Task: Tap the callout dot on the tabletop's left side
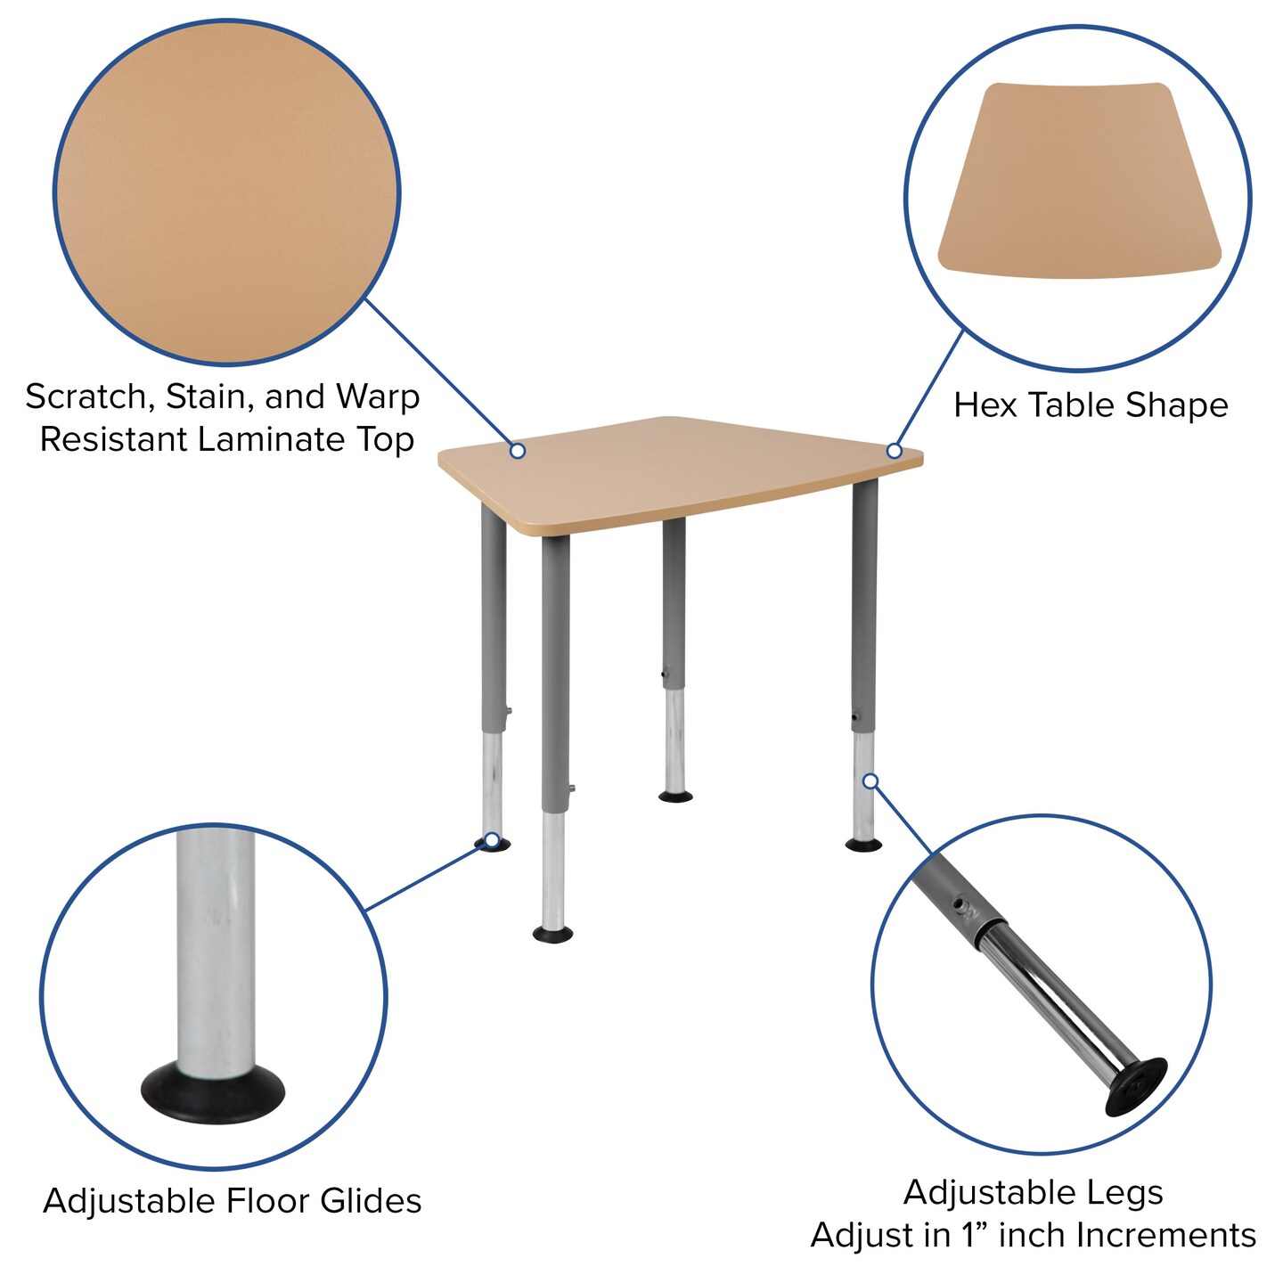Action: pos(517,451)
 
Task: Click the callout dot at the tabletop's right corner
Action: pos(895,451)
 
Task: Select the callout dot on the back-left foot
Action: pos(491,839)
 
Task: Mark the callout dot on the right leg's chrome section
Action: pos(870,781)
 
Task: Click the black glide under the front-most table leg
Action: pos(552,934)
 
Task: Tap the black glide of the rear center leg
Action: pos(675,796)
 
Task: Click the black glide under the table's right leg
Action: pos(863,844)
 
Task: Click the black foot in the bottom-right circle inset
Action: pos(1136,1087)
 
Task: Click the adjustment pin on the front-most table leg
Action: pos(570,788)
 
